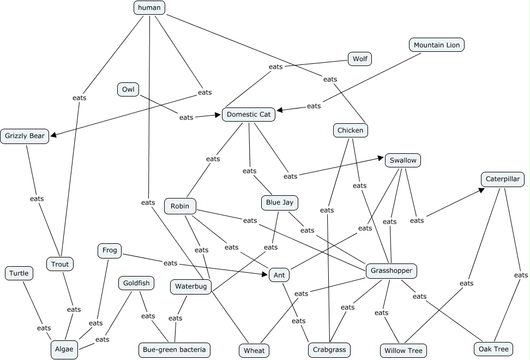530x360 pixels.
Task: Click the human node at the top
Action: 149,8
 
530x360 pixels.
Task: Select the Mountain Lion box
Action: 436,45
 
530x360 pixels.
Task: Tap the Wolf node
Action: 360,59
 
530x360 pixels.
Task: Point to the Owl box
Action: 128,89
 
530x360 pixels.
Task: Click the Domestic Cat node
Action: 248,115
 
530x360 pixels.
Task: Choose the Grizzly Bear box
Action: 25,136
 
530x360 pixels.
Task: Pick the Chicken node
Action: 350,130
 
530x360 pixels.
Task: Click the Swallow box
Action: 403,160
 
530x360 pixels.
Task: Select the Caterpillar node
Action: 502,179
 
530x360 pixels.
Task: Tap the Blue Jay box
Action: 280,203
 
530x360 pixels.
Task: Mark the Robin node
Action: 180,206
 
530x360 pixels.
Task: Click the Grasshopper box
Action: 391,271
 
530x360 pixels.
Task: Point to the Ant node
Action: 279,275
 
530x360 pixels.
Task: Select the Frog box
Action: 109,251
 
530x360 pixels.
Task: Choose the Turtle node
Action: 19,273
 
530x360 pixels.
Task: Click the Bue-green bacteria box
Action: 174,350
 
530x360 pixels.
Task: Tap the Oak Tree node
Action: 493,349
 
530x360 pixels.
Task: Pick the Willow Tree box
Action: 403,350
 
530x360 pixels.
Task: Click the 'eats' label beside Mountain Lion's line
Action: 314,106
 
